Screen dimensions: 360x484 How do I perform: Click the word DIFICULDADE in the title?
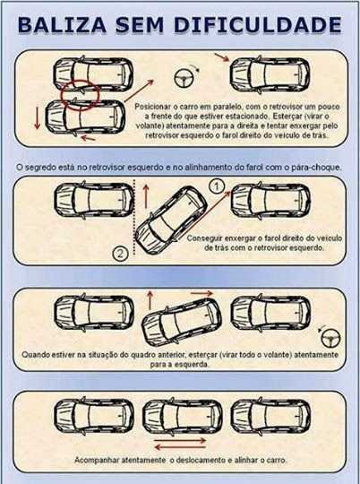click(258, 25)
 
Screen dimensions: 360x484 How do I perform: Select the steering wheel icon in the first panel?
click(184, 78)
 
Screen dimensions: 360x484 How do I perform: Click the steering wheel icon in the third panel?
click(330, 338)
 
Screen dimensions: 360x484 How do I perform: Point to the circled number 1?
click(218, 186)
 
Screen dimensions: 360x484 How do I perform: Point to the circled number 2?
click(120, 254)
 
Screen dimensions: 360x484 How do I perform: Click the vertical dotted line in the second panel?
click(134, 217)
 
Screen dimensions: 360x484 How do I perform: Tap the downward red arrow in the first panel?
click(38, 117)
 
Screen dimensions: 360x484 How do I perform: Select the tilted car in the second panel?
click(171, 220)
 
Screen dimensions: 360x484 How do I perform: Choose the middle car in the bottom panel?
click(183, 416)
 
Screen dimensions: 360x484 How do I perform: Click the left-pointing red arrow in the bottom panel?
click(180, 446)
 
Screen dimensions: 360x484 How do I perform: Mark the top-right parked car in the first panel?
click(270, 75)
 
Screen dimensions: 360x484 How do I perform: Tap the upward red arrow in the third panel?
click(150, 300)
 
